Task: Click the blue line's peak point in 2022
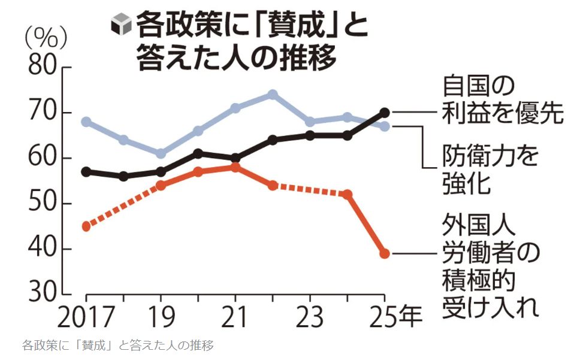(x=272, y=95)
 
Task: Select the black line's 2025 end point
(x=385, y=113)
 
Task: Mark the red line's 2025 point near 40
(x=385, y=253)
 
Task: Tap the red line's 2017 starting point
(x=86, y=226)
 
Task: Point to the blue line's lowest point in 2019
(x=161, y=153)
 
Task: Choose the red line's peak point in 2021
(x=235, y=167)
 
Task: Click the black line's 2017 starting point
(x=86, y=172)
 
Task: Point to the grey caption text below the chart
(x=117, y=346)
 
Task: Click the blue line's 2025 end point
(x=385, y=126)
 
